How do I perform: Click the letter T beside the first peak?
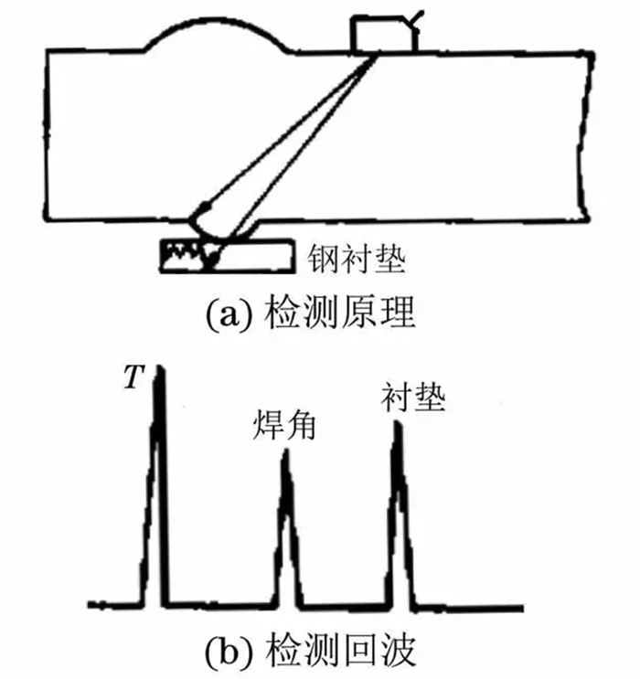tap(133, 377)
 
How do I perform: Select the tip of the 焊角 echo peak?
tap(284, 452)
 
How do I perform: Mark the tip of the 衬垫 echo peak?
tap(396, 424)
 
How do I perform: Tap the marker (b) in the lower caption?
tap(225, 652)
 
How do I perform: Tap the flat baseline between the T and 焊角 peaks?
tap(220, 605)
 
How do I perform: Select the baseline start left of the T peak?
tap(114, 605)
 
